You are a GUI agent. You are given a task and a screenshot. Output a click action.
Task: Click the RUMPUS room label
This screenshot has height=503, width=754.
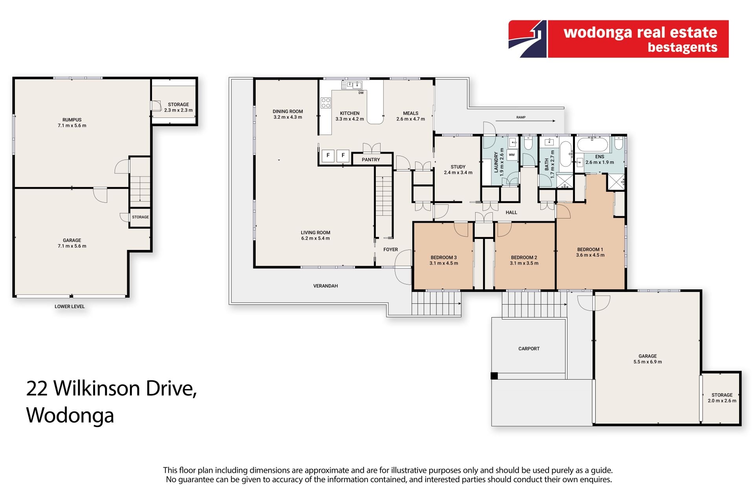click(72, 120)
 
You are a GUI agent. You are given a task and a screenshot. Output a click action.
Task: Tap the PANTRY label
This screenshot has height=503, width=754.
click(371, 160)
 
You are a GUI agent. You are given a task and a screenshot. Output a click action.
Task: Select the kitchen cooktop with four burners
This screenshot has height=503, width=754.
click(326, 103)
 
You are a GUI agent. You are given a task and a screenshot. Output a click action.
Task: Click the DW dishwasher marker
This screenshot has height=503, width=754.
click(361, 93)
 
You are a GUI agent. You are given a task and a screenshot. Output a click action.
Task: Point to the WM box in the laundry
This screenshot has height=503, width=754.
click(512, 155)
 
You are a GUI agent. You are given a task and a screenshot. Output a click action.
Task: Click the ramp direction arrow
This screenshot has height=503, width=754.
click(525, 121)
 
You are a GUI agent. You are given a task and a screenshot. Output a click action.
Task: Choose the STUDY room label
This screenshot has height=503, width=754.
click(458, 167)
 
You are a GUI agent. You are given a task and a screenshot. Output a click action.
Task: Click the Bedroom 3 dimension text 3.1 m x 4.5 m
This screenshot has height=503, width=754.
click(444, 263)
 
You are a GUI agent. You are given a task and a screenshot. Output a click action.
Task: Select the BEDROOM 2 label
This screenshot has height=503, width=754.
click(524, 258)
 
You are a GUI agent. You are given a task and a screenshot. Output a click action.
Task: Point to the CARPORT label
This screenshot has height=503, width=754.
click(529, 349)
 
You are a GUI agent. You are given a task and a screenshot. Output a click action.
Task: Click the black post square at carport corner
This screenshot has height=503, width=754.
click(494, 376)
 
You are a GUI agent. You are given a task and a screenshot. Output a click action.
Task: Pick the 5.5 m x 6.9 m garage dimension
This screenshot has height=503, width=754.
click(648, 362)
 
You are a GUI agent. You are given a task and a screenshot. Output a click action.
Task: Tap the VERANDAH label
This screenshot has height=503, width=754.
click(326, 286)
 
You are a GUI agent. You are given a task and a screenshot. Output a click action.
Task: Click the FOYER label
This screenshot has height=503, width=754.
click(391, 250)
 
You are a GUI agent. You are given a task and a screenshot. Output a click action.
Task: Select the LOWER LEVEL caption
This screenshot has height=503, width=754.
click(70, 307)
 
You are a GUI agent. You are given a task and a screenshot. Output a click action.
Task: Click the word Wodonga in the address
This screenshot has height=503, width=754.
click(70, 415)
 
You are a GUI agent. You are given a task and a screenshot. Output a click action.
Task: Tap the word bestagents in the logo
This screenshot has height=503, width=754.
click(683, 48)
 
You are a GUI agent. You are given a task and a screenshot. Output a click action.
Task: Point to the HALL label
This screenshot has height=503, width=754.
click(511, 213)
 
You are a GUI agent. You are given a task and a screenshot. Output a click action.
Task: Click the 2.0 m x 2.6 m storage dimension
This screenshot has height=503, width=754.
click(722, 401)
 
